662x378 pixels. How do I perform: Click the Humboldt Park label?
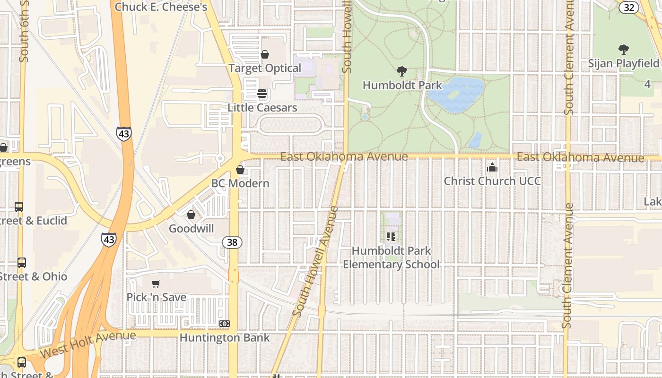click(x=402, y=86)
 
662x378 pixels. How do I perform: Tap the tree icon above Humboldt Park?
click(x=402, y=71)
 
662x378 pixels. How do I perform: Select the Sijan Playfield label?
click(x=623, y=63)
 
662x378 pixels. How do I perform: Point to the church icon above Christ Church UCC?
click(x=492, y=167)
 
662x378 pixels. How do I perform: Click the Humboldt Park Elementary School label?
click(x=391, y=258)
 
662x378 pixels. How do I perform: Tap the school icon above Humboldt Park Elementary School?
click(x=391, y=236)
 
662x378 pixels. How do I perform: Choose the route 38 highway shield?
click(x=232, y=243)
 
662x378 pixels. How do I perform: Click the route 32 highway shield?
click(x=629, y=7)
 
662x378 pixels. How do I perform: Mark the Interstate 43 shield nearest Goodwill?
click(x=109, y=240)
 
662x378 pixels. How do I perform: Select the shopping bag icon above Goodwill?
click(x=191, y=215)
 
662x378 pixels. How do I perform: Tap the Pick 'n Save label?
click(x=156, y=297)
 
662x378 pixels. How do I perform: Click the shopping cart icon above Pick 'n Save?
click(x=156, y=283)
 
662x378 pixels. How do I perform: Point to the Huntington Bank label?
click(x=225, y=338)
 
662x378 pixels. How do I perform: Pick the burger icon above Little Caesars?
click(x=262, y=94)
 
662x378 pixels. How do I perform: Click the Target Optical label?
click(x=265, y=69)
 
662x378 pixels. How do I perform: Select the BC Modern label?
click(x=240, y=183)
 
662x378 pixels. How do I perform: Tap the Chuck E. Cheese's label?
click(x=161, y=7)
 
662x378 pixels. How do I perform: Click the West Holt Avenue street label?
click(x=88, y=345)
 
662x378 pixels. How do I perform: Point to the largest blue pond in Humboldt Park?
click(x=455, y=94)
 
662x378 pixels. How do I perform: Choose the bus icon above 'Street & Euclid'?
click(x=19, y=207)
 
